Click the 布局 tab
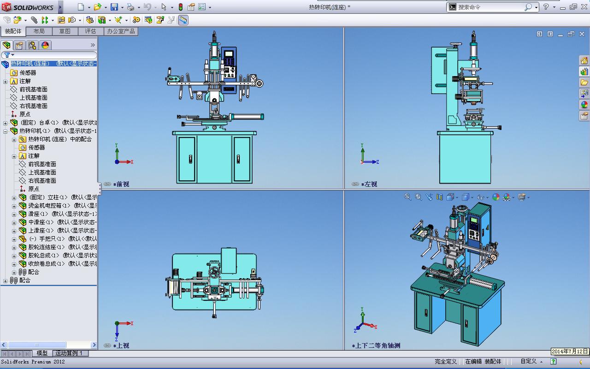[x=39, y=31]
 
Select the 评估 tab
[x=90, y=31]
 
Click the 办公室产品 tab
[x=121, y=31]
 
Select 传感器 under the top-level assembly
[x=28, y=73]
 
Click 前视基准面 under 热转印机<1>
[x=42, y=164]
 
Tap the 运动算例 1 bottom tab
[x=69, y=353]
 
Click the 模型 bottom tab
[x=42, y=353]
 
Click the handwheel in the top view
[x=214, y=274]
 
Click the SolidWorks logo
[x=29, y=7]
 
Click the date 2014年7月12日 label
[x=570, y=351]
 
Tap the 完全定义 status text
[x=445, y=362]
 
